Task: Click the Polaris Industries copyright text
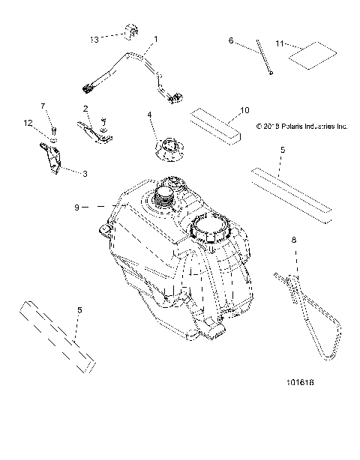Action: [301, 127]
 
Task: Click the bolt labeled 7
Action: [54, 122]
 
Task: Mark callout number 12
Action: [28, 122]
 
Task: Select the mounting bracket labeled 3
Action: [51, 159]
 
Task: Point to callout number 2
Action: [86, 108]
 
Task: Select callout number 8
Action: [293, 241]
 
